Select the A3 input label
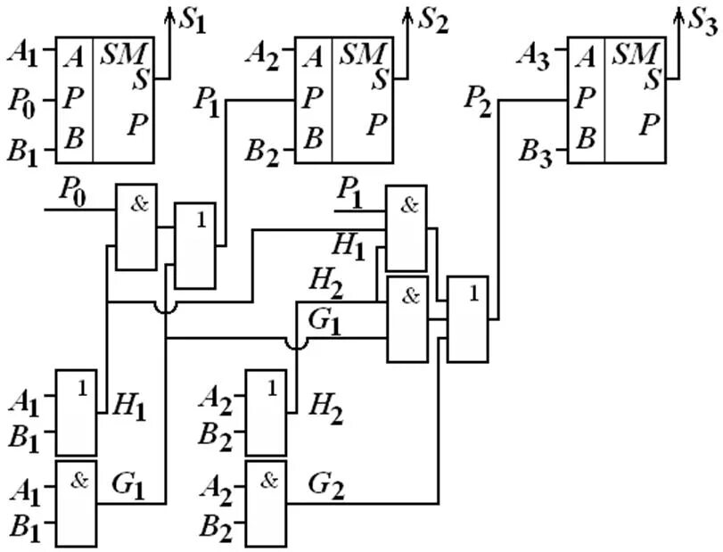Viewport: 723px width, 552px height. tap(534, 56)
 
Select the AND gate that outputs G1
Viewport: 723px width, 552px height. tap(77, 502)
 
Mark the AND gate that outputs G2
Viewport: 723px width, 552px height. tap(267, 502)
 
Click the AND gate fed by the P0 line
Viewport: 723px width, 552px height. tap(136, 227)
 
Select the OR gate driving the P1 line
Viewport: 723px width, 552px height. tap(195, 245)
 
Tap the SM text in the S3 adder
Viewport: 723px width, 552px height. tap(635, 55)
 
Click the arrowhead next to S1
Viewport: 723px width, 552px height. tap(169, 12)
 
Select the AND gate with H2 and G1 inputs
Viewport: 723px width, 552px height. tap(406, 317)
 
